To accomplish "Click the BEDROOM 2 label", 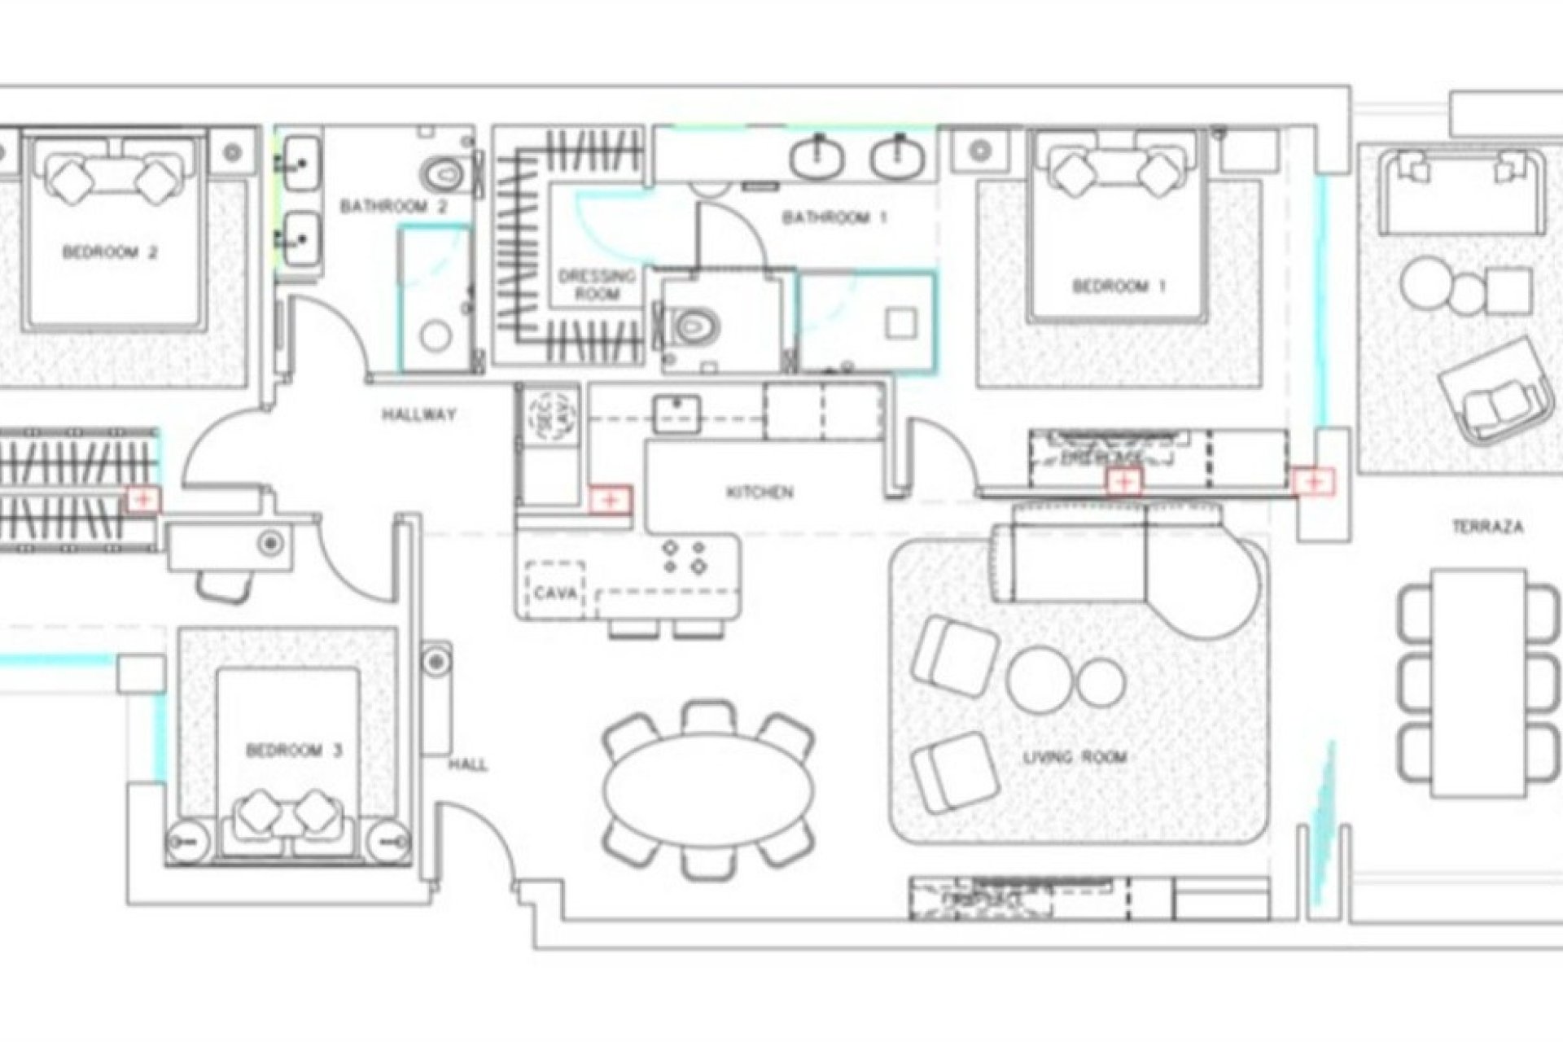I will click(110, 252).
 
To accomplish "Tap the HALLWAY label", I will click(419, 415).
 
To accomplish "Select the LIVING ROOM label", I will click(1075, 758).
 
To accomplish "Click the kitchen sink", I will click(676, 414).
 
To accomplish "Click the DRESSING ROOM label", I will click(597, 285).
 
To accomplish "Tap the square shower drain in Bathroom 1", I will click(902, 324).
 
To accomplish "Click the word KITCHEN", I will click(760, 493).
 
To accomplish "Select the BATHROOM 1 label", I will click(834, 218).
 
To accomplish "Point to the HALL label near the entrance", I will click(468, 765).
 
